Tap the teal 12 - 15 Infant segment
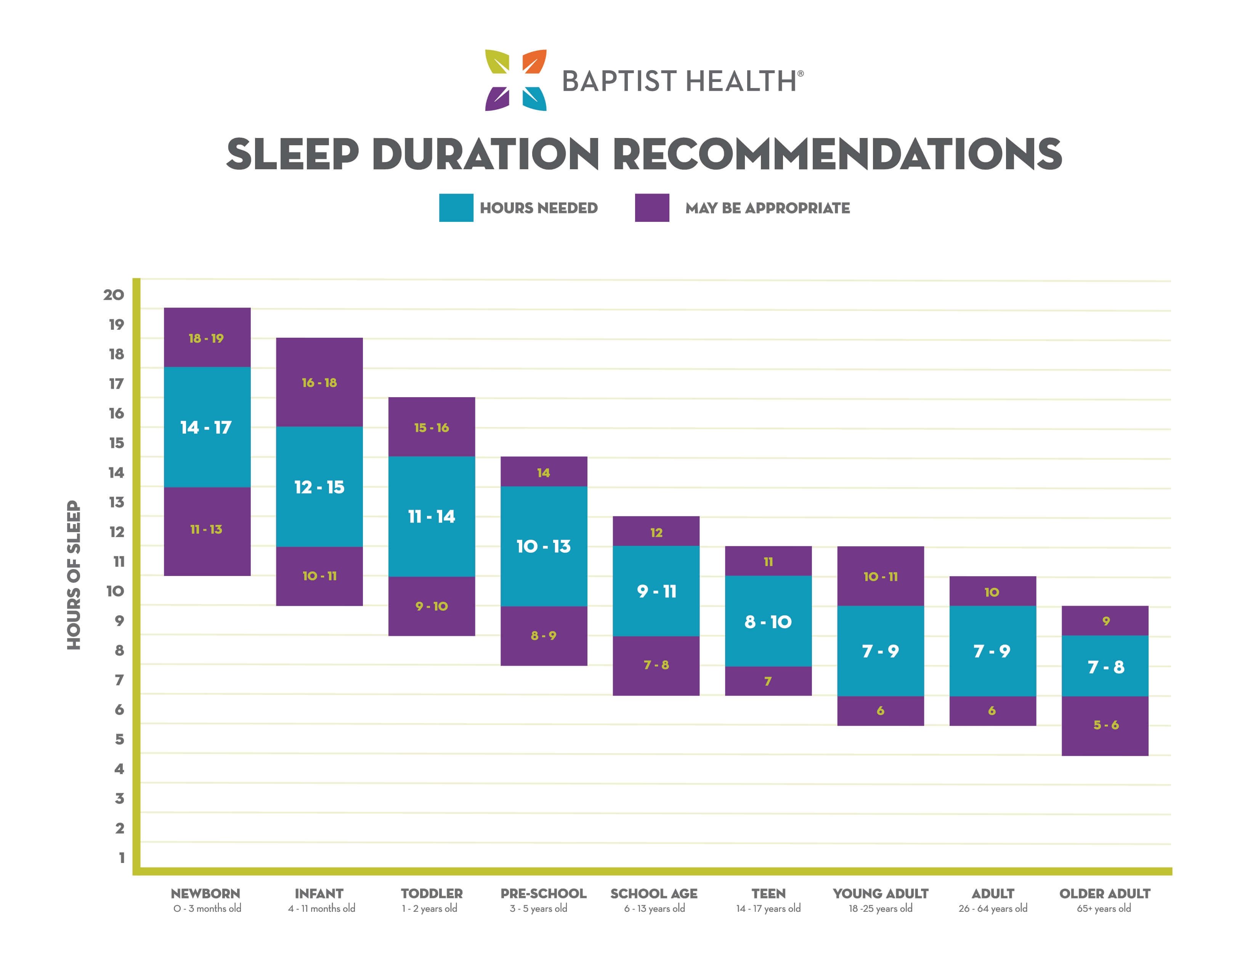pos(319,487)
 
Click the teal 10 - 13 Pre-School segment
pos(544,546)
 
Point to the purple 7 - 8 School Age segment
pos(656,665)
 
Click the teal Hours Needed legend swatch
pos(456,207)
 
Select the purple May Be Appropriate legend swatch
pos(651,207)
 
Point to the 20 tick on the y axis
pos(114,295)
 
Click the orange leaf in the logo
pos(534,62)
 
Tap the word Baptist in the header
pos(619,81)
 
